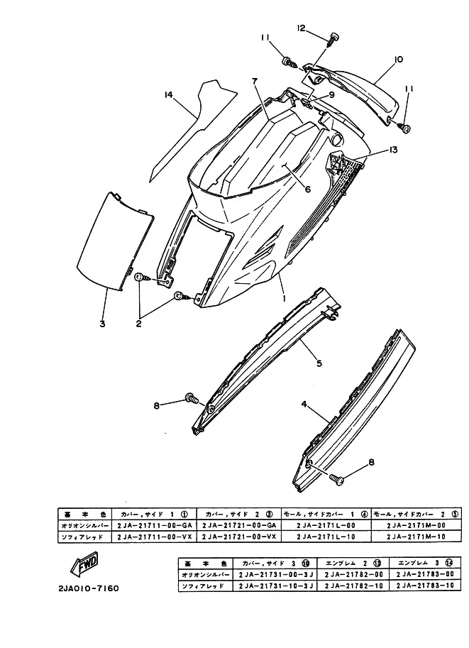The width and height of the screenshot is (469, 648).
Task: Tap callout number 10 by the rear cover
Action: click(x=398, y=60)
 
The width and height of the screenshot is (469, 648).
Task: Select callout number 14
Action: click(x=167, y=94)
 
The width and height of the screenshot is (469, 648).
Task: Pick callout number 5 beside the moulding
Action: click(x=319, y=363)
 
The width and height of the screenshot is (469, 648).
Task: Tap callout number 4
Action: click(x=303, y=405)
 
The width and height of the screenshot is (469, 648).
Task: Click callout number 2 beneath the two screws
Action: click(x=138, y=323)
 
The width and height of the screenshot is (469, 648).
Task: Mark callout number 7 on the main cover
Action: click(x=254, y=82)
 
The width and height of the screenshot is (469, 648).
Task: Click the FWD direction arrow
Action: click(x=83, y=568)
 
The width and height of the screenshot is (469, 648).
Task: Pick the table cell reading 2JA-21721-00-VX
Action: click(x=239, y=537)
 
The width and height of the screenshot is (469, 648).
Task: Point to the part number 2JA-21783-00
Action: click(x=424, y=573)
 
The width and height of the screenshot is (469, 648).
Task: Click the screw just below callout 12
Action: click(x=332, y=42)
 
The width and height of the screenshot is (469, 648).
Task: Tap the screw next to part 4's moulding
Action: click(x=338, y=480)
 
